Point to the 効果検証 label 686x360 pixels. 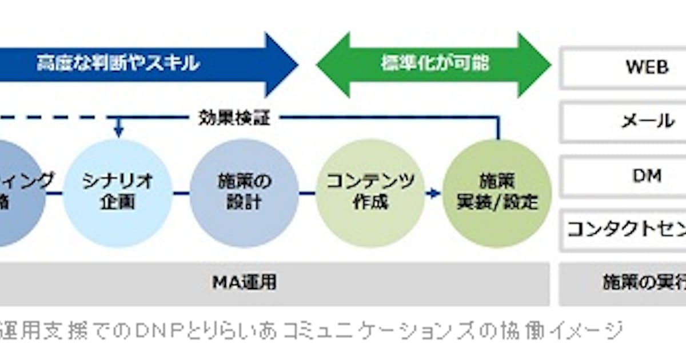[234, 118]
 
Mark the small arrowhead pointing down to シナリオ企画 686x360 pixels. [118, 133]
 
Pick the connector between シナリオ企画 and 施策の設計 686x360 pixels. [181, 193]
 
